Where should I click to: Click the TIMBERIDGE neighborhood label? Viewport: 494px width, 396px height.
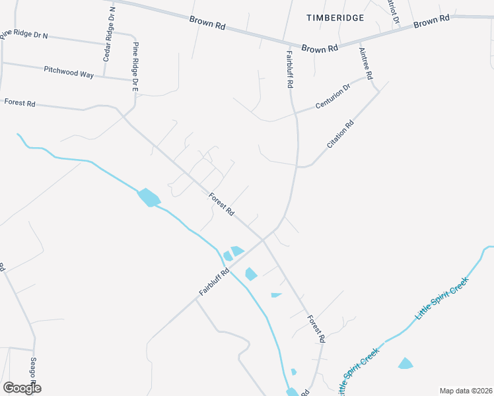point(335,18)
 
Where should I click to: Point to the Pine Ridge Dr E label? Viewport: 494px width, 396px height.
point(136,67)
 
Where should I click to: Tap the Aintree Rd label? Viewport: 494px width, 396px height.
point(365,63)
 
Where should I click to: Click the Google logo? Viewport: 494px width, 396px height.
point(22,388)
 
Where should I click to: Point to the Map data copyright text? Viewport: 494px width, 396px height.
point(466,391)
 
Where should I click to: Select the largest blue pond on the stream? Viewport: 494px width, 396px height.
point(149,197)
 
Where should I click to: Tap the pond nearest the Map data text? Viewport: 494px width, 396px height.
point(406,363)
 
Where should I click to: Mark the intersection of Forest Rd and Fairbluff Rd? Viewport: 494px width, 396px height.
point(262,240)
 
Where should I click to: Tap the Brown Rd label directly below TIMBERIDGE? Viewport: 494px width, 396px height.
point(320,48)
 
